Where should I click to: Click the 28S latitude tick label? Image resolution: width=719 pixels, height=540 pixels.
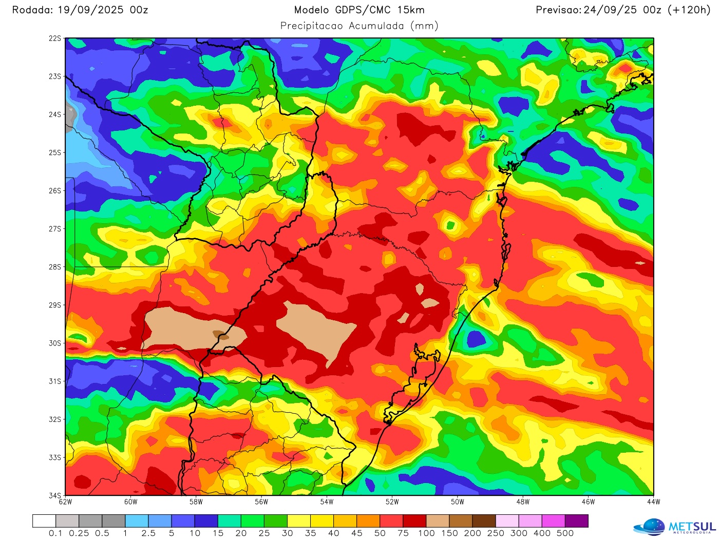click(x=55, y=267)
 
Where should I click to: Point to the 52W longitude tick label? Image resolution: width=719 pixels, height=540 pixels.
click(x=392, y=502)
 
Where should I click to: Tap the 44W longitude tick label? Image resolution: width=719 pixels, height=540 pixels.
click(x=653, y=502)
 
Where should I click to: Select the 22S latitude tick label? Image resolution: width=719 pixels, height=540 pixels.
click(x=55, y=38)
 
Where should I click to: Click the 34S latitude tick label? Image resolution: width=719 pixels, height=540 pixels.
click(x=55, y=496)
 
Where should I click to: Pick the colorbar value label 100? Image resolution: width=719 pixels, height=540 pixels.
click(x=426, y=533)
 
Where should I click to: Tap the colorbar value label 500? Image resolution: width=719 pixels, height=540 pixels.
click(x=565, y=533)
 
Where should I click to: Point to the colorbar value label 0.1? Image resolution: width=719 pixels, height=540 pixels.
click(x=55, y=533)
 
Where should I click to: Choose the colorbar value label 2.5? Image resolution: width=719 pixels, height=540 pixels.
click(x=148, y=533)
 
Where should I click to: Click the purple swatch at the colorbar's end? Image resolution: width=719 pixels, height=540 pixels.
click(x=576, y=521)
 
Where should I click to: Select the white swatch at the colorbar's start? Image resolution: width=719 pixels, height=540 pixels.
click(x=44, y=521)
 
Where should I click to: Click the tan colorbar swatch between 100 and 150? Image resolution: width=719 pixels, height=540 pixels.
click(x=438, y=521)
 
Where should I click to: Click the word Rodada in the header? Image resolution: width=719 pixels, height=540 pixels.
click(x=31, y=10)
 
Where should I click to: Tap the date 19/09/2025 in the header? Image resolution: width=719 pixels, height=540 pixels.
click(x=90, y=10)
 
